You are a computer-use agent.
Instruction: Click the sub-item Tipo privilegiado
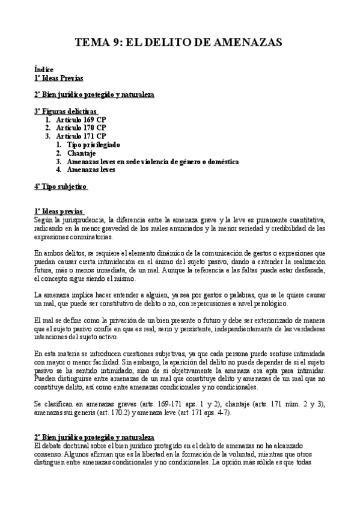pyautogui.click(x=94, y=144)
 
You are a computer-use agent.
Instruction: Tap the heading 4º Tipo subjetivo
pyautogui.click(x=61, y=186)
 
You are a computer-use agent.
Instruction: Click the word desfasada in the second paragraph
pyautogui.click(x=304, y=271)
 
